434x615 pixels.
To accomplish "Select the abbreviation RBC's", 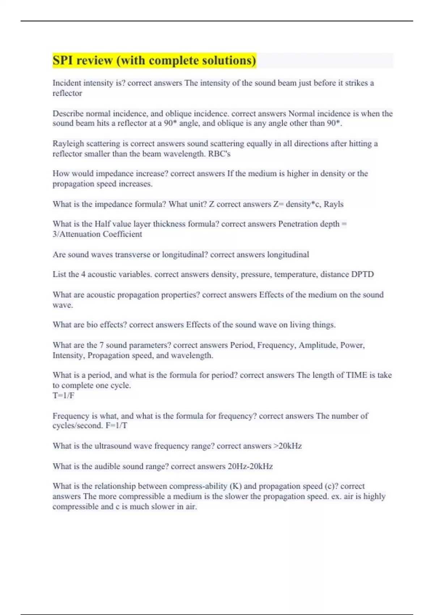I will pos(219,154).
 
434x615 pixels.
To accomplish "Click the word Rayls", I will pos(333,204).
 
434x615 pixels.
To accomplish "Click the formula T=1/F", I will pos(63,395).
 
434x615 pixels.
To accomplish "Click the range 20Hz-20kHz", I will pos(250,466).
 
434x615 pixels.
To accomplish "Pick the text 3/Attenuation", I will pos(76,234).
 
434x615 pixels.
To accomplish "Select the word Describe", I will pos(68,114).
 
